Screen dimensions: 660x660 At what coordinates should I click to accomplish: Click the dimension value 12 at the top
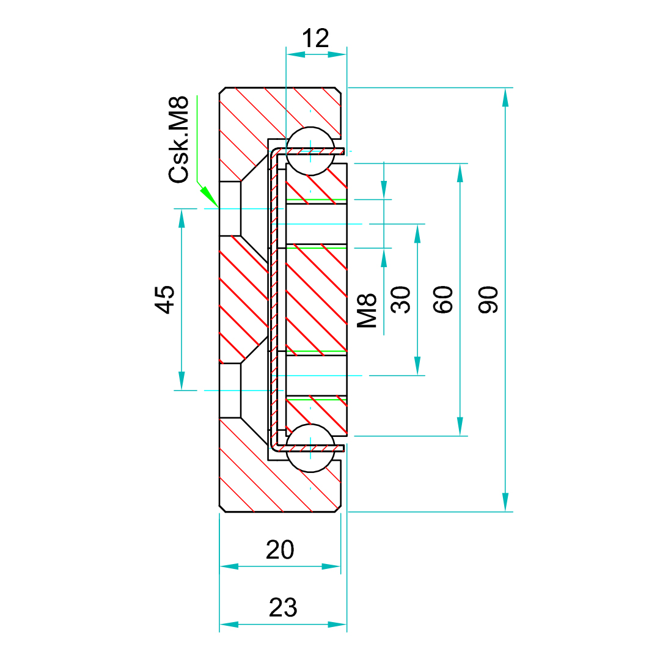click(316, 39)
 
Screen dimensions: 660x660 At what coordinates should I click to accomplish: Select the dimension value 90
click(489, 299)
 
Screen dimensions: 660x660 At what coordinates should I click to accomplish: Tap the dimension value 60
click(444, 299)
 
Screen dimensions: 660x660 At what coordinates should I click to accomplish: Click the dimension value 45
click(165, 299)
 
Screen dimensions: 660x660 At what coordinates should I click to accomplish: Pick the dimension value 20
click(280, 550)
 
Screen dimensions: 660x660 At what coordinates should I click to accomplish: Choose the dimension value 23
click(283, 608)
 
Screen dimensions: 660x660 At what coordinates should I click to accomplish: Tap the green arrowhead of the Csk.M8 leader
click(210, 197)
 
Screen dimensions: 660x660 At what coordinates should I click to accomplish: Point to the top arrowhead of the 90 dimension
click(505, 97)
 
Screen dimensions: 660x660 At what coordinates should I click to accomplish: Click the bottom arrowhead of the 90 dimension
click(505, 502)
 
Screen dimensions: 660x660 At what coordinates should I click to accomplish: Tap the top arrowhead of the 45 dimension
click(182, 218)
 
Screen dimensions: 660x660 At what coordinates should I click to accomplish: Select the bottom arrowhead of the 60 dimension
click(460, 426)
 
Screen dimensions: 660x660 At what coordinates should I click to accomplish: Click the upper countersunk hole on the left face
click(231, 208)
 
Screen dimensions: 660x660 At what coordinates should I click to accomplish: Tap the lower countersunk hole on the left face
click(231, 390)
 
